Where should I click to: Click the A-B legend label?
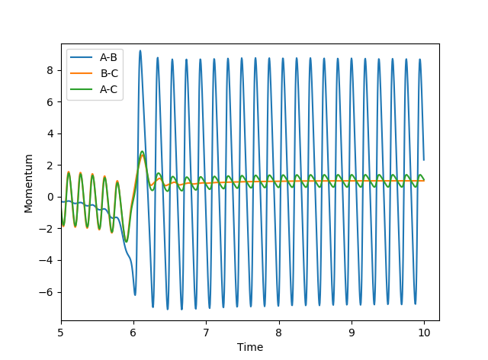pos(108,57)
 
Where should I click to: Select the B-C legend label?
pos(108,73)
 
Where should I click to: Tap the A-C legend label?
pos(108,89)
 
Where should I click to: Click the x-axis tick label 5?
pos(61,333)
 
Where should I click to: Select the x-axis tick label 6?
pos(133,333)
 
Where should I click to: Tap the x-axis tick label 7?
pos(206,333)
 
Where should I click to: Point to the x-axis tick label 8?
pos(279,333)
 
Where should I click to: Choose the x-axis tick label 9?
pos(352,333)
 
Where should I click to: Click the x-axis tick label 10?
pos(424,333)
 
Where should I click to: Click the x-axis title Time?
pos(250,347)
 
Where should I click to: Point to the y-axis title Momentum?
pos(28,183)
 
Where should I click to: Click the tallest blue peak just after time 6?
pos(140,51)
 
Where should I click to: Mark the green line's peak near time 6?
pos(142,152)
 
